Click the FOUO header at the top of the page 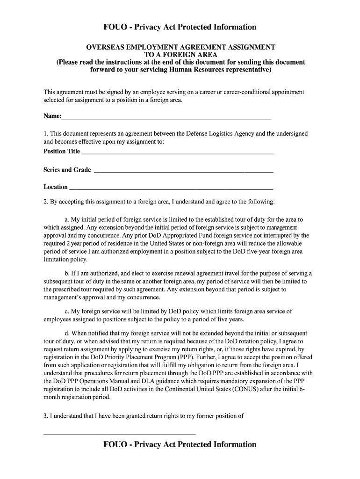(180, 27)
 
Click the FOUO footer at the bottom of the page (180, 444)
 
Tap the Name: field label (52, 116)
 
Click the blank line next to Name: (166, 117)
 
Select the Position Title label (62, 151)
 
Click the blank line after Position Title (178, 152)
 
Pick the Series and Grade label (67, 170)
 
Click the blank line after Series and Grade (183, 171)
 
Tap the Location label (56, 187)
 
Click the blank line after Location (171, 188)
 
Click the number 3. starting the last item (46, 415)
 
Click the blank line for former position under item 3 (119, 434)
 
